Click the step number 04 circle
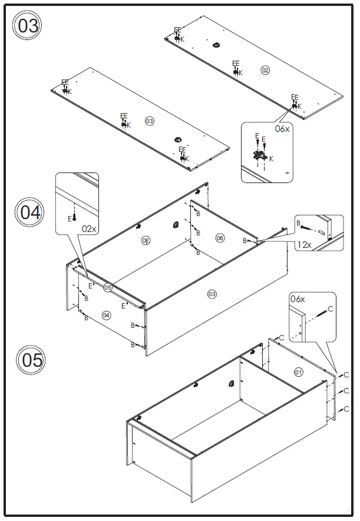click(30, 212)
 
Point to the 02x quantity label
click(89, 229)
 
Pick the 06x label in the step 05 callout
click(298, 299)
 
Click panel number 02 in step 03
click(265, 71)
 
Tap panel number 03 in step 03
click(149, 121)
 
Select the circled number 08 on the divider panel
click(220, 238)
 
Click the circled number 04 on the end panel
click(107, 315)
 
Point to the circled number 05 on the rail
click(108, 288)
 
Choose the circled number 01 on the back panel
click(298, 371)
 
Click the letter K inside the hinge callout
click(271, 158)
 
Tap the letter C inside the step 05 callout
click(330, 308)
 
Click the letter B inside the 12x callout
click(299, 223)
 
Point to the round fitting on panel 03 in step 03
click(178, 139)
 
